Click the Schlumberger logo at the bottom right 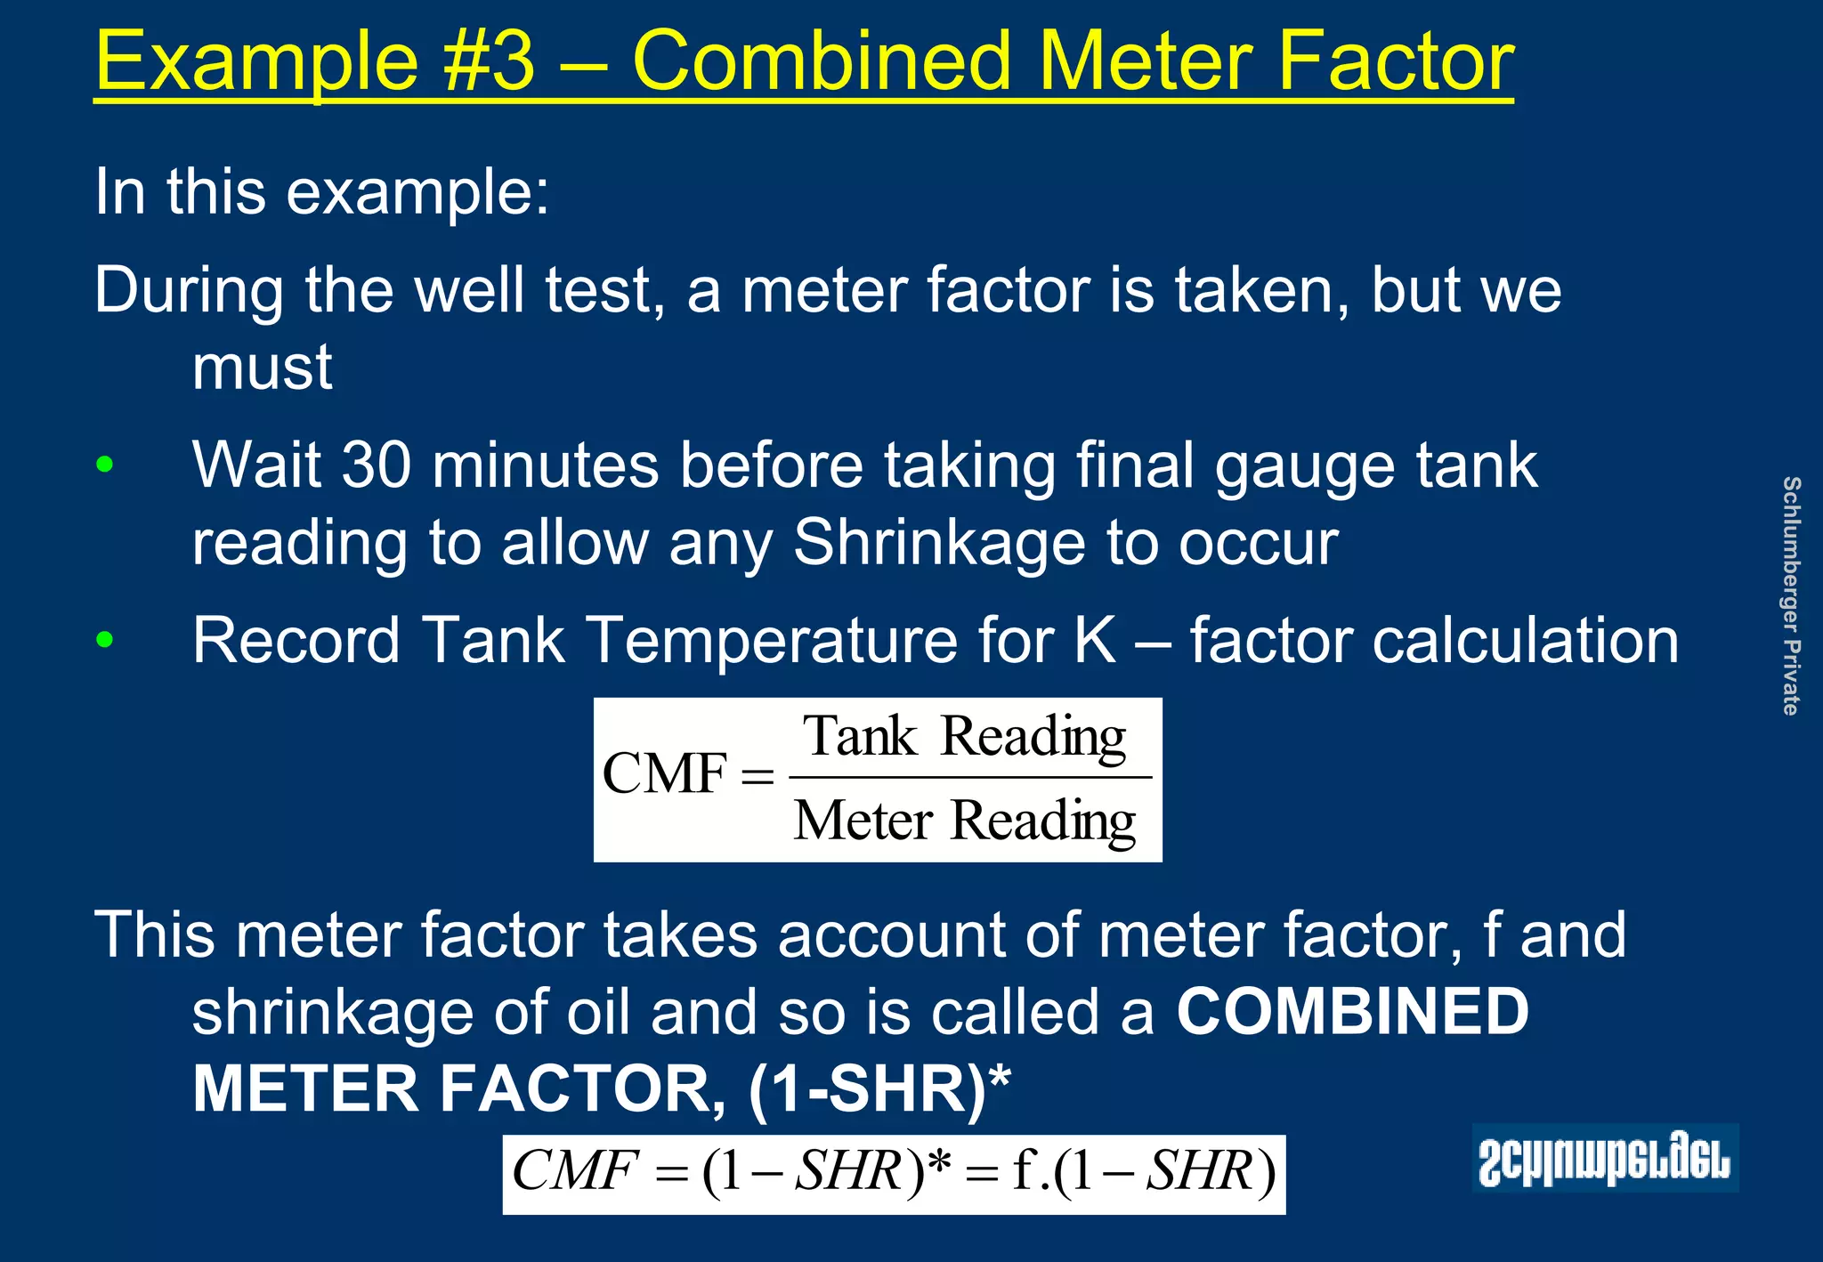tap(1604, 1159)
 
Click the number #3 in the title tap(492, 61)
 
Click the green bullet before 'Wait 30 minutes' tap(105, 465)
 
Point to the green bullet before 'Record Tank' tap(105, 639)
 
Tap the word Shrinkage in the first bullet tap(939, 542)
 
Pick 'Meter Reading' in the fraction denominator tap(965, 820)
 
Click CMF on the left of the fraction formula tap(664, 773)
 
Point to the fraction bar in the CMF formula tap(970, 778)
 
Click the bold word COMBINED tap(1352, 1012)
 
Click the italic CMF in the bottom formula tap(575, 1170)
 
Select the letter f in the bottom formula tap(1023, 1170)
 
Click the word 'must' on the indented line tap(262, 367)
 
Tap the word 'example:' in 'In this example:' tap(417, 191)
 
